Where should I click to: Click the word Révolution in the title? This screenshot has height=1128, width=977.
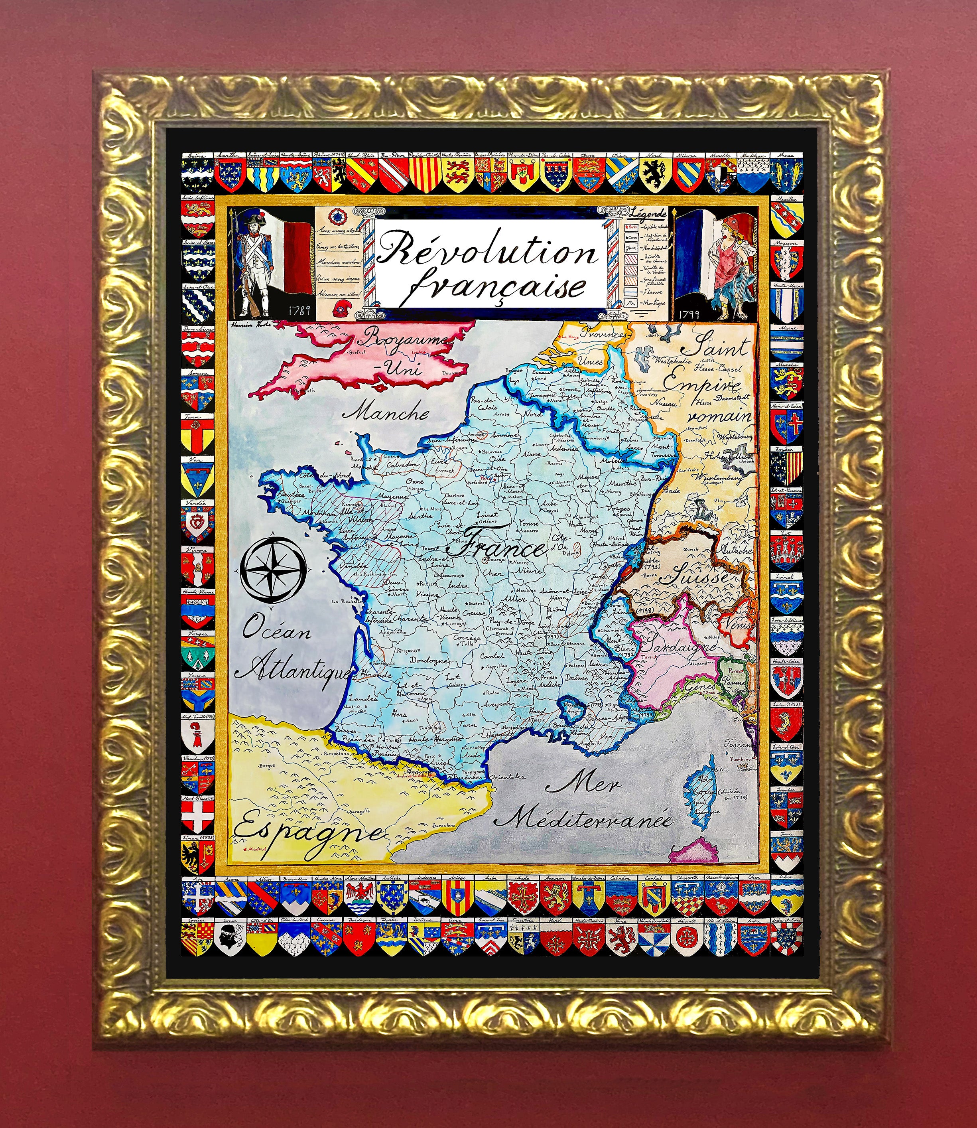point(487,251)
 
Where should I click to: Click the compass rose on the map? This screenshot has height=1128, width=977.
point(273,568)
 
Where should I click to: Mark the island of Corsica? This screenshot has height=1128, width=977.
point(703,791)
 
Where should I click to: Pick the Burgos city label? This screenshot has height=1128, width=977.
point(267,766)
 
